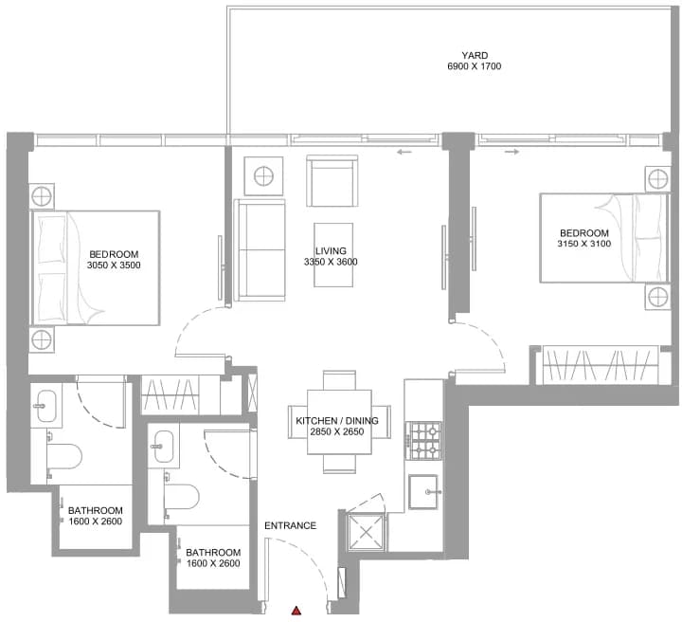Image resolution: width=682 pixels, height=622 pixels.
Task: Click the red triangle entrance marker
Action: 296,611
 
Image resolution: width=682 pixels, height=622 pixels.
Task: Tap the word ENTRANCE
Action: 290,525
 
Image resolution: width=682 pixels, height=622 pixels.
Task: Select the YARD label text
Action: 475,55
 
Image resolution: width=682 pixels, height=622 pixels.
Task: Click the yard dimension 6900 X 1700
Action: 475,66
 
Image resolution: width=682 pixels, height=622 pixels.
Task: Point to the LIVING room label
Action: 331,250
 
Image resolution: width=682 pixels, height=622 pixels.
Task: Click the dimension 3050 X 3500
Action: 114,265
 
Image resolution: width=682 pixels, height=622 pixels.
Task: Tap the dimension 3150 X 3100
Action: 584,244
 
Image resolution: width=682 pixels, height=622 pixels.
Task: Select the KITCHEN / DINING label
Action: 337,420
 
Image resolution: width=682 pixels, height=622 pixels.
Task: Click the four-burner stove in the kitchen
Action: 423,441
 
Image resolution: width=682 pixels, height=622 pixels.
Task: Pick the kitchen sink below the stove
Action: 423,492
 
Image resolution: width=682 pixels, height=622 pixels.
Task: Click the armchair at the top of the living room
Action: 332,181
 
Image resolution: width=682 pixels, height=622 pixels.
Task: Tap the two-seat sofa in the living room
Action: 260,250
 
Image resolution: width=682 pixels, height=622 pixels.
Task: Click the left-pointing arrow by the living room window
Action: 404,152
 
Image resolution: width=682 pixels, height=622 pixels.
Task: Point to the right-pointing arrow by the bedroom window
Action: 511,152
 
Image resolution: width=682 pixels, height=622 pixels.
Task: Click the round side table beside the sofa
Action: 263,176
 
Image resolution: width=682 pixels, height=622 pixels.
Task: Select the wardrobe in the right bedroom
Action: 601,365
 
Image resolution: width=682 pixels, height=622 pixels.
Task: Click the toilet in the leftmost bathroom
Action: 64,457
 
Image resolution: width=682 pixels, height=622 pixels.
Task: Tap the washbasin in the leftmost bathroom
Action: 46,406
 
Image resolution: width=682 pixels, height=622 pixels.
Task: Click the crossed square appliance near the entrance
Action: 366,532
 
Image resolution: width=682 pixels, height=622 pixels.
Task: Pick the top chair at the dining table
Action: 339,380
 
